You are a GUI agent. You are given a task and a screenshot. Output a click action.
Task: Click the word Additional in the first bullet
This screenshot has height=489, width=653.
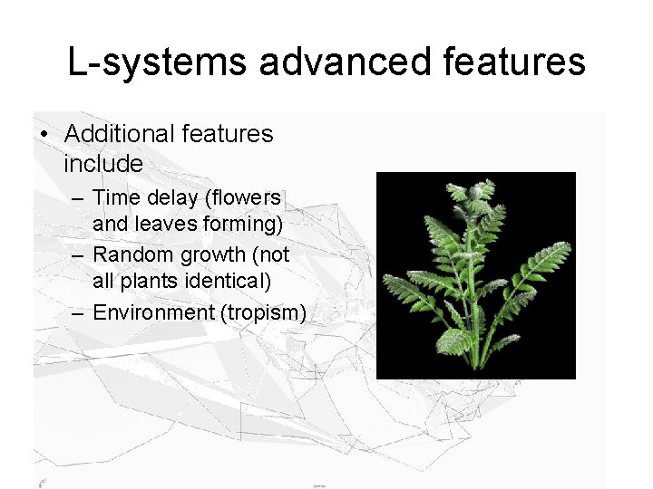120,134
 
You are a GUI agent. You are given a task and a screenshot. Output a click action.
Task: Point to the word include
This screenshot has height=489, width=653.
103,164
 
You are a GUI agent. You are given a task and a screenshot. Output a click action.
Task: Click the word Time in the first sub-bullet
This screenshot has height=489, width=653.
115,197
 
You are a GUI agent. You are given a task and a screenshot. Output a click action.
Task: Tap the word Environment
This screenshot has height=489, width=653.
151,312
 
